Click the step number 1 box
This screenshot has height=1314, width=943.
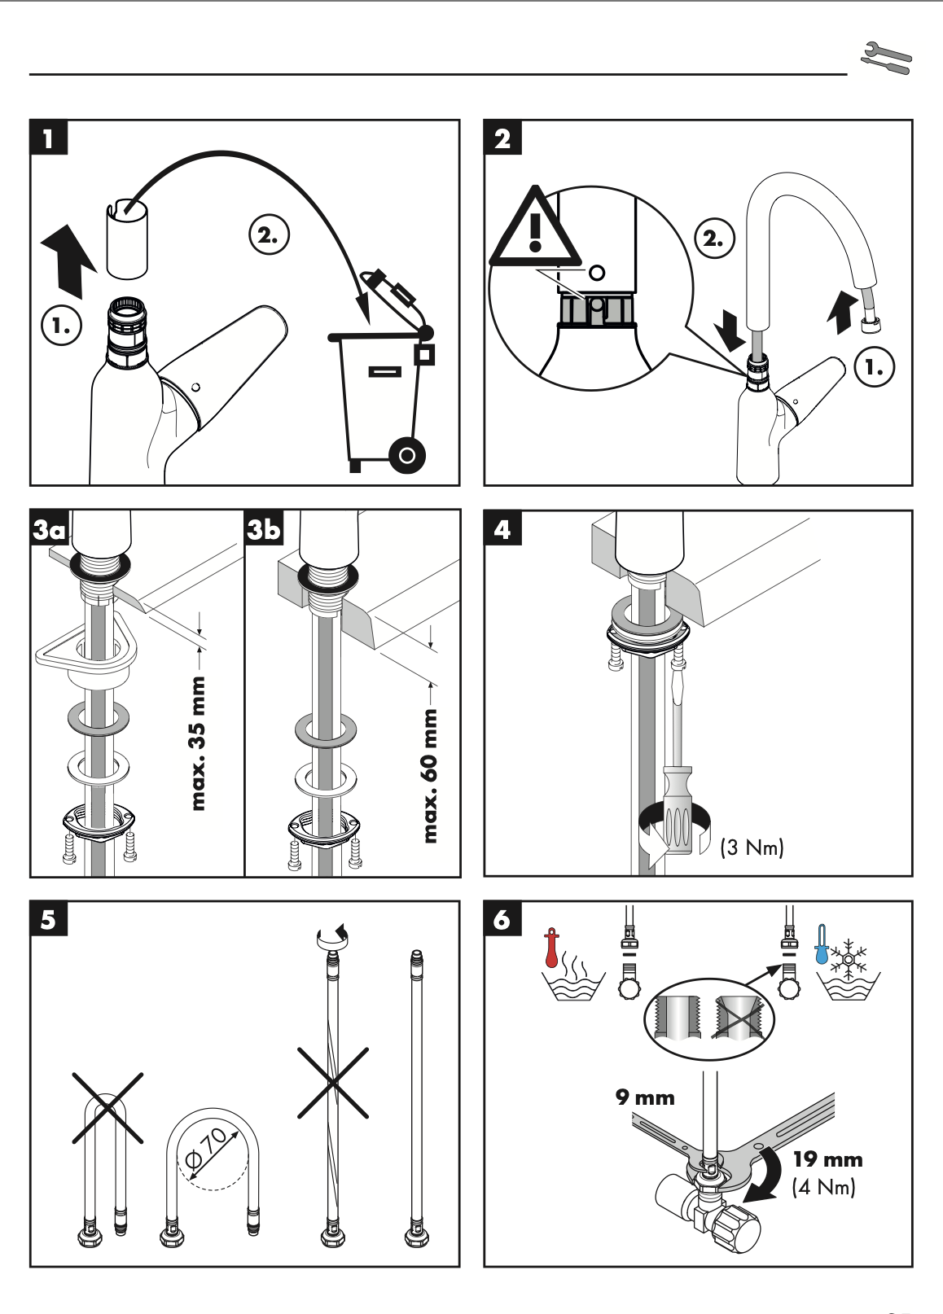pyautogui.click(x=49, y=138)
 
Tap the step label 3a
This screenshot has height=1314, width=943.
pyautogui.click(x=49, y=530)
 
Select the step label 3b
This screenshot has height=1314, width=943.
pyautogui.click(x=264, y=529)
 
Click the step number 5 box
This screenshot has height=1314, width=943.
pyautogui.click(x=49, y=919)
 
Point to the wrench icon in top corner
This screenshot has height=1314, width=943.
pyautogui.click(x=886, y=59)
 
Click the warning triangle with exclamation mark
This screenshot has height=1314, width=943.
pyautogui.click(x=534, y=230)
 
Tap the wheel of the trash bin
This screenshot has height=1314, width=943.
pyautogui.click(x=407, y=455)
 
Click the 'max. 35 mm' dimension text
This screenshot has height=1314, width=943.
pyautogui.click(x=197, y=742)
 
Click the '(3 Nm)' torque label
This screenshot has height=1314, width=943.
pyautogui.click(x=752, y=848)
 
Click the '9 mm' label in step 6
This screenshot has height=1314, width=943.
pyautogui.click(x=645, y=1097)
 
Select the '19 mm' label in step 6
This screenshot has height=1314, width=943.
pyautogui.click(x=827, y=1159)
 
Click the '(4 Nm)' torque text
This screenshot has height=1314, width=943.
pyautogui.click(x=823, y=1187)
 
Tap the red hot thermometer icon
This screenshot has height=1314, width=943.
pyautogui.click(x=552, y=948)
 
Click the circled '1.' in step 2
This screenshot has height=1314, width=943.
pyautogui.click(x=874, y=367)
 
